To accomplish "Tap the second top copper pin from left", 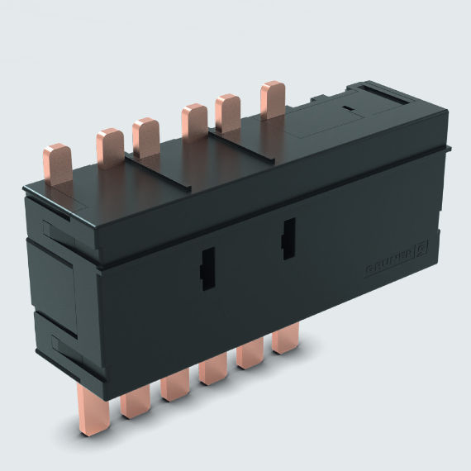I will tap(109, 146).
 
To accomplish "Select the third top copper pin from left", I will tap(145, 136).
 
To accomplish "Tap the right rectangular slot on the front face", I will tap(288, 239).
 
